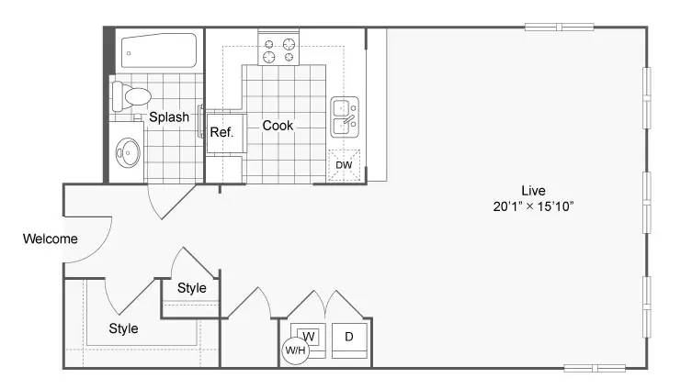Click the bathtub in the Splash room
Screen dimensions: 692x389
[x=159, y=50]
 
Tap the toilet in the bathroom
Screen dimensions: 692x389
[x=131, y=95]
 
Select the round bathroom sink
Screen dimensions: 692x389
[x=128, y=152]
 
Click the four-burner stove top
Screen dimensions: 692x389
[x=278, y=50]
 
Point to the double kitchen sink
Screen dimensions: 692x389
[x=345, y=117]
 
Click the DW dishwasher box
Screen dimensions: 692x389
[x=344, y=165]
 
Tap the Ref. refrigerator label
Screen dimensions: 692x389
[x=221, y=132]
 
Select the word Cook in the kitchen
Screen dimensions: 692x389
[x=278, y=126]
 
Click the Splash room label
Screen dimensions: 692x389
[x=169, y=117]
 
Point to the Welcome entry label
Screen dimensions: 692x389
[x=51, y=239]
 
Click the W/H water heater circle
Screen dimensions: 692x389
[x=295, y=350]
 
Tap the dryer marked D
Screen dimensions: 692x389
[x=349, y=340]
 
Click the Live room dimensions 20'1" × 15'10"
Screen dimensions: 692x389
[x=533, y=206]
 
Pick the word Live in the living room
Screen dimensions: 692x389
[x=533, y=191]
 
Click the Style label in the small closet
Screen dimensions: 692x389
[x=191, y=288]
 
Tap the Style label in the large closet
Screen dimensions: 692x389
[x=123, y=328]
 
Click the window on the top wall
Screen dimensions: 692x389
[x=559, y=28]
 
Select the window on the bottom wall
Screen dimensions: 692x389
[x=595, y=368]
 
